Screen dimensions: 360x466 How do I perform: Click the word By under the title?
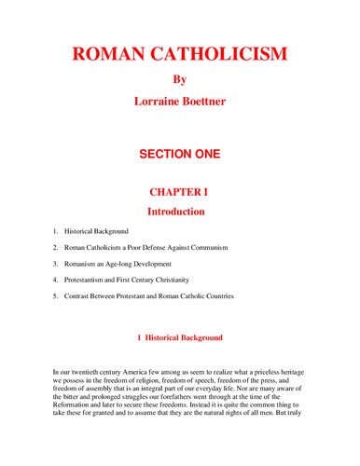click(x=180, y=79)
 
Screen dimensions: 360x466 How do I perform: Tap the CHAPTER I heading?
click(x=180, y=192)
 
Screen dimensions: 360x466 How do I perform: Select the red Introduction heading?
click(x=180, y=212)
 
